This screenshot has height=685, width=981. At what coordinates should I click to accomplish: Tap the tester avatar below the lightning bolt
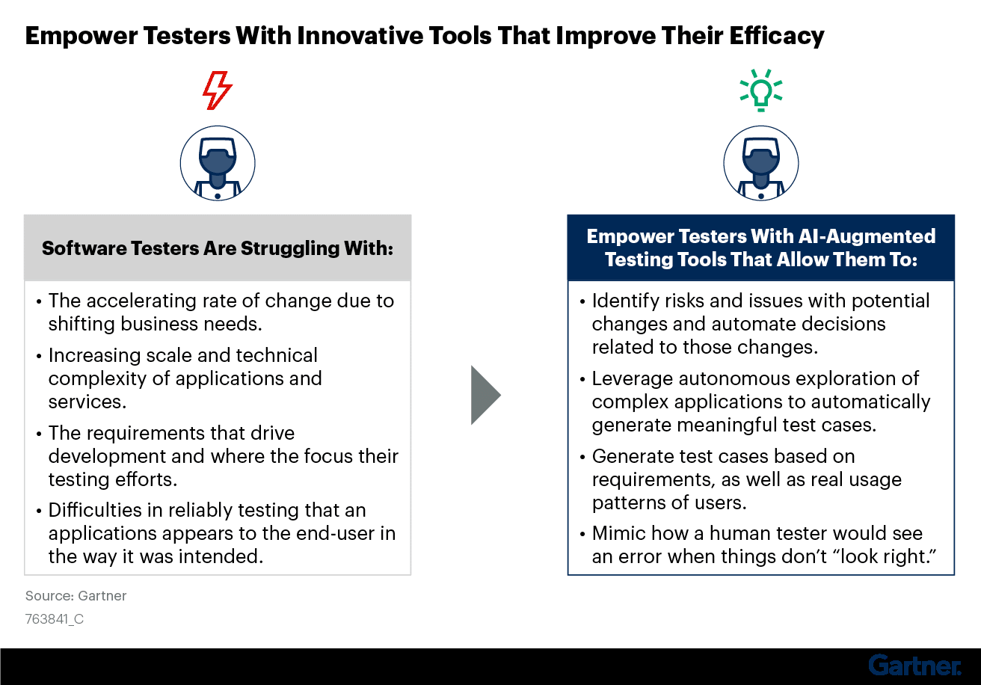[218, 162]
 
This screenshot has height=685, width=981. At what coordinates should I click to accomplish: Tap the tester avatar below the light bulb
[760, 162]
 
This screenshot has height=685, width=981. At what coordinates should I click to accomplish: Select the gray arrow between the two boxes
[485, 395]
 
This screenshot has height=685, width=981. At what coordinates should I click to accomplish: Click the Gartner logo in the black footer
[914, 665]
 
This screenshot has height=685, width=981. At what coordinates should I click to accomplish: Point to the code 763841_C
[55, 619]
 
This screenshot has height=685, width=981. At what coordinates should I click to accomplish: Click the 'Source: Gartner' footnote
[76, 596]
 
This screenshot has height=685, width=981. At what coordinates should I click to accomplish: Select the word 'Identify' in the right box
[621, 301]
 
